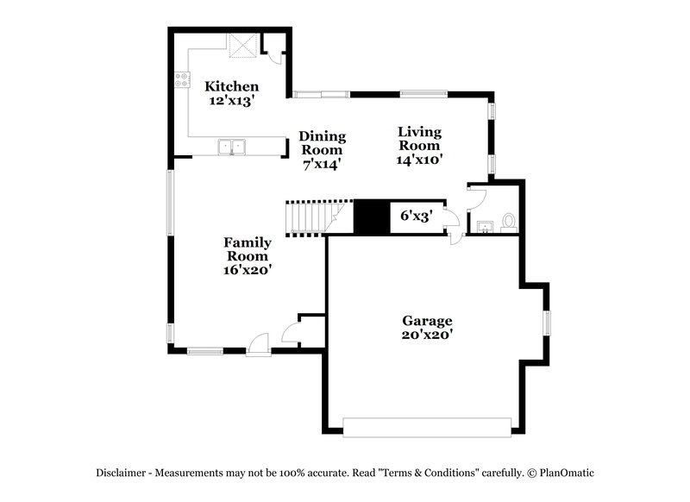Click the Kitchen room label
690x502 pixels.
point(231,86)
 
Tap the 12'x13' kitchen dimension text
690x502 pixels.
point(231,100)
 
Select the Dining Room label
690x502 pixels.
point(323,143)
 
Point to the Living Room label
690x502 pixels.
point(419,139)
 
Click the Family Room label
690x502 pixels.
point(248,249)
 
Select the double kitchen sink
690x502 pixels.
point(232,147)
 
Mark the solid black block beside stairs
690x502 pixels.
point(372,216)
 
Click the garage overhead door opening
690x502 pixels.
point(427,425)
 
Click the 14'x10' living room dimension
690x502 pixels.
point(419,160)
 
